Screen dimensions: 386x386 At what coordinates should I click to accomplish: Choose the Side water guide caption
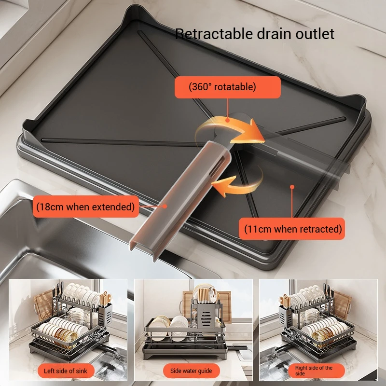[191, 371]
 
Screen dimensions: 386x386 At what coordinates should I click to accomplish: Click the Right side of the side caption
[314, 371]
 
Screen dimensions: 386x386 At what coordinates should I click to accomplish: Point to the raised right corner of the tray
[356, 104]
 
